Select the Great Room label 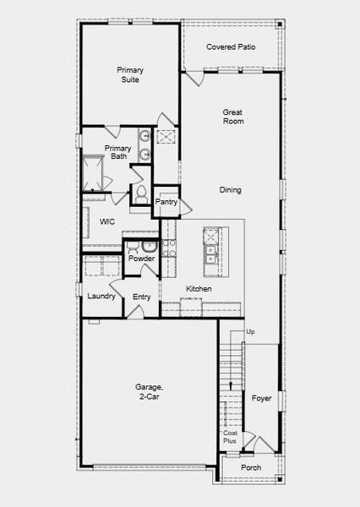tap(233, 117)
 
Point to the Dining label tap(230, 190)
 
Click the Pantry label tap(166, 202)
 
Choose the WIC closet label tap(107, 222)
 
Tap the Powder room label tap(141, 259)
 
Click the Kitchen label tap(199, 289)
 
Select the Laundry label tap(101, 297)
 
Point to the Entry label tap(142, 297)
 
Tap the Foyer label tap(262, 398)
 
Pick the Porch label tap(251, 467)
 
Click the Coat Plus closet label tap(230, 437)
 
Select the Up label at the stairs tap(249, 332)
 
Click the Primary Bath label tap(117, 152)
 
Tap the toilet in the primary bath tap(141, 194)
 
